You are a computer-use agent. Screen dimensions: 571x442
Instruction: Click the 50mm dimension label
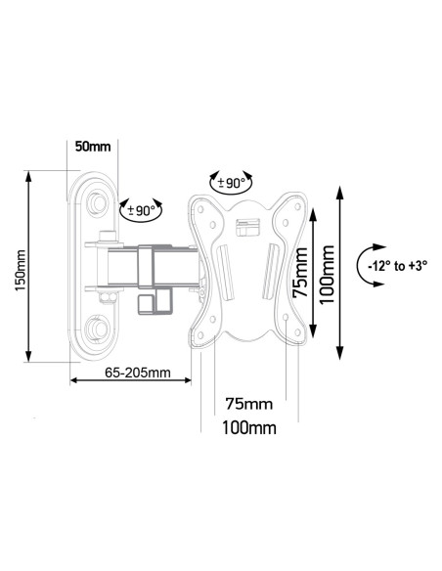tap(93, 148)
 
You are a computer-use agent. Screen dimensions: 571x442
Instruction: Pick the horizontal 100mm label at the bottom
tap(248, 428)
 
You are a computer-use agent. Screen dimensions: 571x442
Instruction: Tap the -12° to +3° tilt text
tap(391, 267)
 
